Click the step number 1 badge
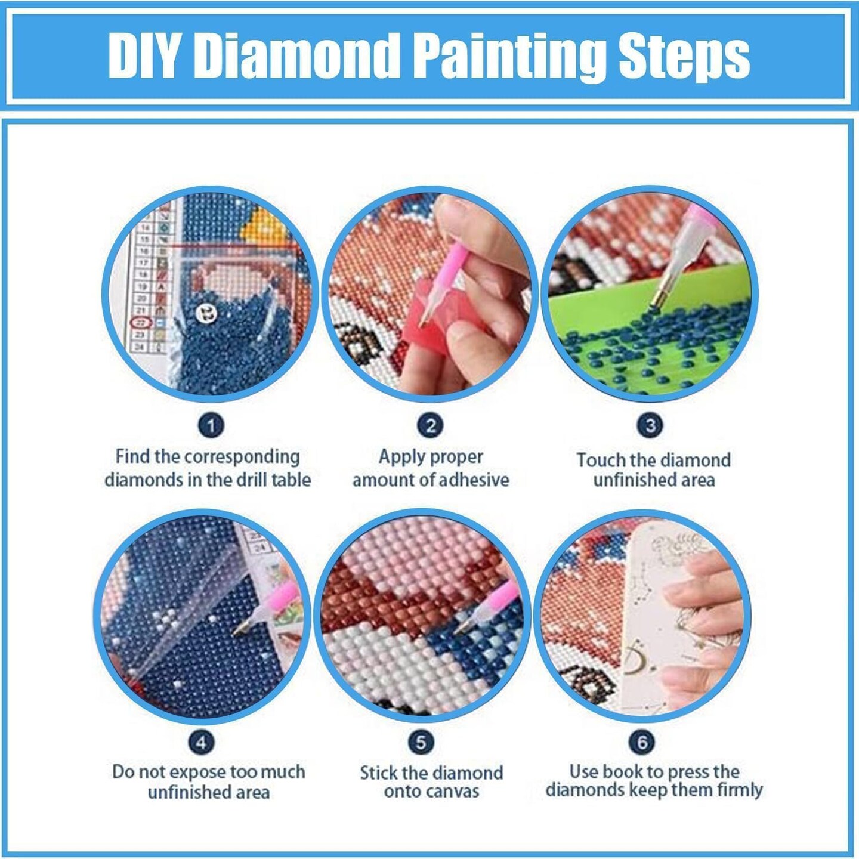point(211,425)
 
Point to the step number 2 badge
point(430,425)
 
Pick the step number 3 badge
point(650,425)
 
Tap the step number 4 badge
point(201,742)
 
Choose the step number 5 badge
point(421,742)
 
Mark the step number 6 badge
point(642,742)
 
